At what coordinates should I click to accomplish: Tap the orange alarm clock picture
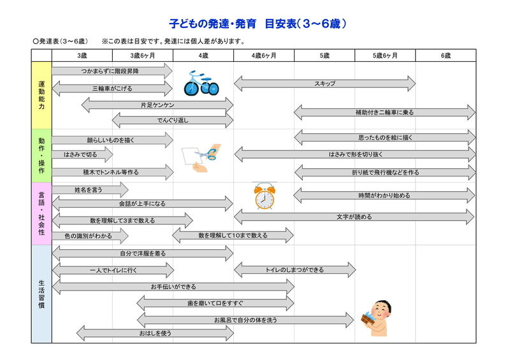point(265,196)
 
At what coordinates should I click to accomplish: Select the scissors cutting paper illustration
point(201,158)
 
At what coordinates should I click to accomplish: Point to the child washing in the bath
point(376,318)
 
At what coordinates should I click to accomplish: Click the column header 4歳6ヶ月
point(264,55)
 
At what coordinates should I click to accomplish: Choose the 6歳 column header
point(446,55)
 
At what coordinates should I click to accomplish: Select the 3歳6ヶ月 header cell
point(142,55)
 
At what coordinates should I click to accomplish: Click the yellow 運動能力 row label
point(41,96)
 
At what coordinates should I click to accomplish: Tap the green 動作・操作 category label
point(41,155)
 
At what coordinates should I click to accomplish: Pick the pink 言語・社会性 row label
point(41,213)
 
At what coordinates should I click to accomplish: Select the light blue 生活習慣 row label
point(41,294)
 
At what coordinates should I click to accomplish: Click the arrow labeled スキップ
point(324,83)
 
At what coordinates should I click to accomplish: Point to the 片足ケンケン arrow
point(157,105)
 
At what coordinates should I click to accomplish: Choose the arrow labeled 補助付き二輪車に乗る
point(384,113)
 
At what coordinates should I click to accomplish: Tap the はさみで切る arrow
point(82,154)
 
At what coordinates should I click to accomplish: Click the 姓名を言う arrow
point(90,190)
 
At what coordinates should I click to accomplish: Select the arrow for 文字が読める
point(354,217)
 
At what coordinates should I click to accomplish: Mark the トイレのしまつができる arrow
point(295,270)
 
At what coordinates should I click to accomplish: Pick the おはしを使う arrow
point(155,333)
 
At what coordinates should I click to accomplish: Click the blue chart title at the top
point(258,24)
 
